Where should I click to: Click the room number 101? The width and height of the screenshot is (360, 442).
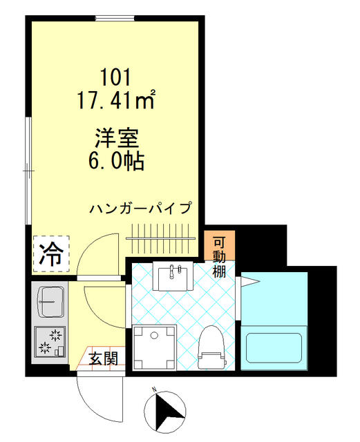pyautogui.click(x=116, y=77)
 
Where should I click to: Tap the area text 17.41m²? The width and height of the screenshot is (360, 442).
pyautogui.click(x=116, y=99)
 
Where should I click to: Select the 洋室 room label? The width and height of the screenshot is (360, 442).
pyautogui.click(x=117, y=138)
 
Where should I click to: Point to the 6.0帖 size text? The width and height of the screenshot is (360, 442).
pyautogui.click(x=117, y=161)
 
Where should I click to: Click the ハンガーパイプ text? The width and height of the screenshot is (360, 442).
pyautogui.click(x=140, y=208)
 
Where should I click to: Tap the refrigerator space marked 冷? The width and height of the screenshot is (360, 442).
pyautogui.click(x=51, y=253)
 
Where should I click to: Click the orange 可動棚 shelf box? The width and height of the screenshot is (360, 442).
pyautogui.click(x=220, y=245)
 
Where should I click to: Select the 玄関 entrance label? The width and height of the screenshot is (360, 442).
pyautogui.click(x=104, y=358)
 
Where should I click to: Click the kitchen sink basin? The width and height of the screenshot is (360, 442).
pyautogui.click(x=50, y=302)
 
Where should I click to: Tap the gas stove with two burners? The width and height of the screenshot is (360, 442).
pyautogui.click(x=50, y=342)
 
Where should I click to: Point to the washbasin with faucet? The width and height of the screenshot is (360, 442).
pyautogui.click(x=173, y=276)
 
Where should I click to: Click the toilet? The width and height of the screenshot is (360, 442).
pyautogui.click(x=212, y=347)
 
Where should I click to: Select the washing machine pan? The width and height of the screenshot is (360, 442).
pyautogui.click(x=155, y=347)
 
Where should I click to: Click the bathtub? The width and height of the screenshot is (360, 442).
pyautogui.click(x=274, y=348)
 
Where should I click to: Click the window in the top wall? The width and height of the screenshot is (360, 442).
pyautogui.click(x=115, y=19)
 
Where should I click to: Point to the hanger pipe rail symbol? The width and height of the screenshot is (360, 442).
pyautogui.click(x=160, y=238)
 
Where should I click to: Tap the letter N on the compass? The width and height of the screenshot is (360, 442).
pyautogui.click(x=154, y=390)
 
